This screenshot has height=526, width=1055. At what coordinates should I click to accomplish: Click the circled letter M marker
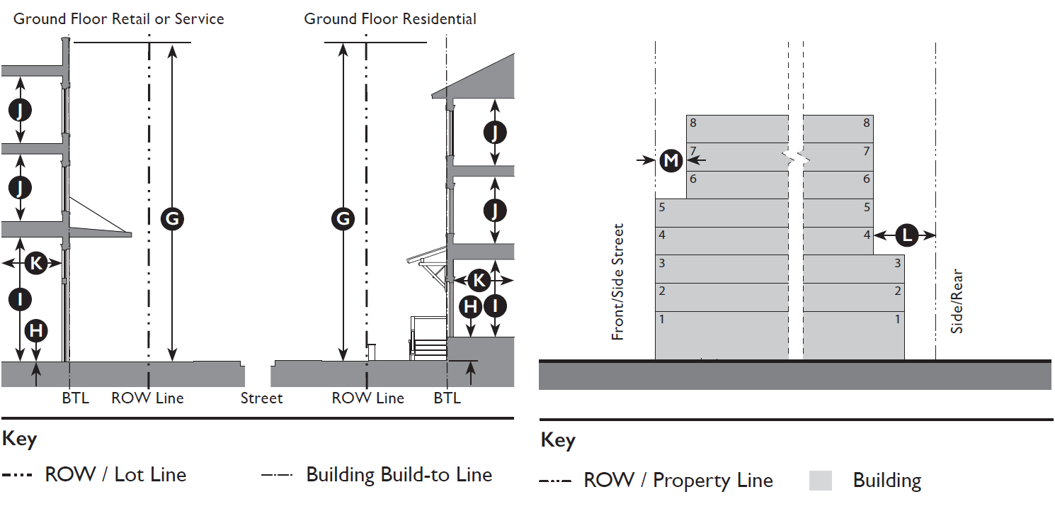[671, 161]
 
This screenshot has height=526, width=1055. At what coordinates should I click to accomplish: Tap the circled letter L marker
[906, 235]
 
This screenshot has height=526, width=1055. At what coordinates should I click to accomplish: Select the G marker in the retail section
[172, 219]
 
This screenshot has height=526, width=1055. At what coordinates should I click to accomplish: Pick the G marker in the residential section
[343, 219]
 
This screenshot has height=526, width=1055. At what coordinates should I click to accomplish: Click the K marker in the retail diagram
[35, 264]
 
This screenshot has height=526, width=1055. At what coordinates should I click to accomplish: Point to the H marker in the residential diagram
[471, 307]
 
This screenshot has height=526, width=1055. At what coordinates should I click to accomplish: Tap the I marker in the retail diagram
[20, 299]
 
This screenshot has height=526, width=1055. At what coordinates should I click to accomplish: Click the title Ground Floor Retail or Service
[119, 19]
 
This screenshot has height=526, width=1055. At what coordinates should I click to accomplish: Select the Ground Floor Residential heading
[390, 19]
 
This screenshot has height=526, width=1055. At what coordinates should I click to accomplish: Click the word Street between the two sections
[261, 398]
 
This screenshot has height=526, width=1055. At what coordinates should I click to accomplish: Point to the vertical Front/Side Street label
[618, 282]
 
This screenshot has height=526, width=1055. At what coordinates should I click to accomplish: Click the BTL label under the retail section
[75, 398]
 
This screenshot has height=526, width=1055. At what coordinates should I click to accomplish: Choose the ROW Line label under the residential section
[367, 398]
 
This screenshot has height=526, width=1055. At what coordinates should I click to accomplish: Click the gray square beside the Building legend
[820, 481]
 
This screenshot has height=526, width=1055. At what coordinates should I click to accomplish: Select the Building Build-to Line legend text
[399, 474]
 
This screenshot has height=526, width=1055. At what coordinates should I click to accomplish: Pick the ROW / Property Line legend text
[678, 481]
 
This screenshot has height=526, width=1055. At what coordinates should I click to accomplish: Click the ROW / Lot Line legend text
[115, 474]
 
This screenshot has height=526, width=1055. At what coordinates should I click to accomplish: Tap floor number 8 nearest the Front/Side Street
[693, 123]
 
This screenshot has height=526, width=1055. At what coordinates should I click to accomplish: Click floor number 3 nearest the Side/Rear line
[897, 264]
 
